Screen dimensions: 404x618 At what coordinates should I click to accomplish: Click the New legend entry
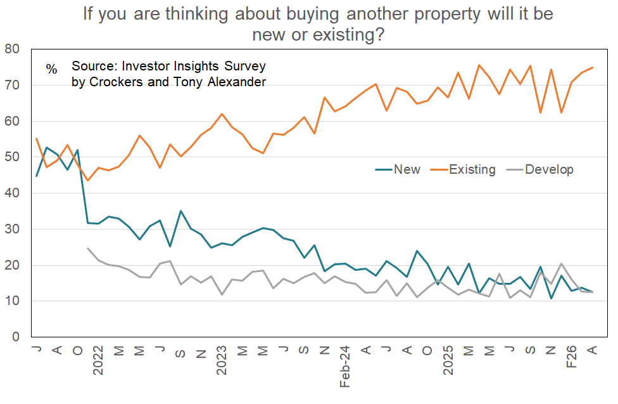click(x=407, y=169)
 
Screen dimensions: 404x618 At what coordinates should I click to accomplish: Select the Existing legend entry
click(x=472, y=169)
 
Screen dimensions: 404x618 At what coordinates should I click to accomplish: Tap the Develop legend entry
click(x=549, y=169)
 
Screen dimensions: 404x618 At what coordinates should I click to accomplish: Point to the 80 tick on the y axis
click(x=12, y=49)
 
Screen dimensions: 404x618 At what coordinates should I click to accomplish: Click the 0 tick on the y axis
click(x=16, y=337)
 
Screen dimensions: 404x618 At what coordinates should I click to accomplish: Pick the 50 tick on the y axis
click(x=12, y=157)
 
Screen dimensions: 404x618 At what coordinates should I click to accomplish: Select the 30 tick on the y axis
click(x=12, y=229)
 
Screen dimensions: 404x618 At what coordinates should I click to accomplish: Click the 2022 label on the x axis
click(x=98, y=360)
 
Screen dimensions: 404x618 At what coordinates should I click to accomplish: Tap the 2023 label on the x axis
click(x=222, y=360)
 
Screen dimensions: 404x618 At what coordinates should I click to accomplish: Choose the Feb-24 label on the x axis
click(x=345, y=367)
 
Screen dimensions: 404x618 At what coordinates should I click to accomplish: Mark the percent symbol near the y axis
click(x=51, y=68)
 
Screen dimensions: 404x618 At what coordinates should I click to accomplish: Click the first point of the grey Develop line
click(x=87, y=248)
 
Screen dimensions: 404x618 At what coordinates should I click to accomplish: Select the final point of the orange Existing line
click(x=593, y=67)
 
